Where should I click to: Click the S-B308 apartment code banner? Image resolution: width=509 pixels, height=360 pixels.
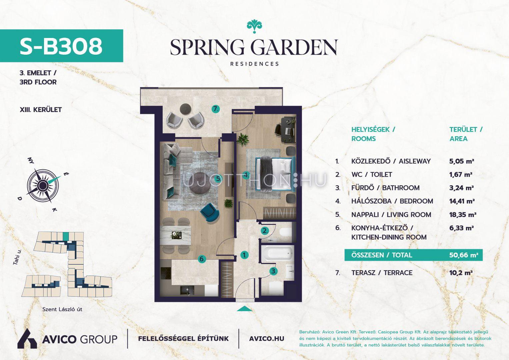tap(61, 46)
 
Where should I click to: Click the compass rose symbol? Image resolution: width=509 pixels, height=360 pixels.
tap(42, 185)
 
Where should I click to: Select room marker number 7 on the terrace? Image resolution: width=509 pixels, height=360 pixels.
tap(215, 109)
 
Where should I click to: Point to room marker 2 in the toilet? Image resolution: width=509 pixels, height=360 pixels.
tap(265, 231)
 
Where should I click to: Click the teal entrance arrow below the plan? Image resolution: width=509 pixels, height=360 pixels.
tap(245, 309)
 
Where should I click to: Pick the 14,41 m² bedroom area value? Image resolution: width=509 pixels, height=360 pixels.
tap(462, 201)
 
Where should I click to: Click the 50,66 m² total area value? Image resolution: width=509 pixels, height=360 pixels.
tap(464, 255)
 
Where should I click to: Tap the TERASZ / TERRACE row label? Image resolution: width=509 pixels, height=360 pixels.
tap(382, 273)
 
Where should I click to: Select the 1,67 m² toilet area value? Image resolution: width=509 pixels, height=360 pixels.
tap(461, 175)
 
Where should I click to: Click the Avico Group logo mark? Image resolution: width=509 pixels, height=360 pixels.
tap(27, 338)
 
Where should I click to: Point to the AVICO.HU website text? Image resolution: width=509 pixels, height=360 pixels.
tap(267, 339)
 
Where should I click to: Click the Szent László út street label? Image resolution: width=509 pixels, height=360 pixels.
tap(62, 309)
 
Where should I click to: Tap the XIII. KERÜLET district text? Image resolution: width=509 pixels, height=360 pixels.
tap(41, 110)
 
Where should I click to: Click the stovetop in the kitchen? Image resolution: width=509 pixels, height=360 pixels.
tap(166, 274)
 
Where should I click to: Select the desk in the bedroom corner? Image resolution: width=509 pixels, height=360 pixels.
tap(288, 130)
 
